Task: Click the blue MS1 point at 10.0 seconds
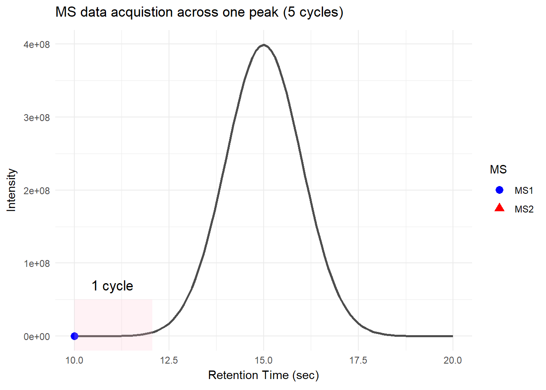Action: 74,336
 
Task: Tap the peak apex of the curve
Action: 264,45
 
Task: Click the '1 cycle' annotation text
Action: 112,286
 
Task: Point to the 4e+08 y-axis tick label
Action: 37,44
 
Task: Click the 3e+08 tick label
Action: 37,117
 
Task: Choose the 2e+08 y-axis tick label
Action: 37,191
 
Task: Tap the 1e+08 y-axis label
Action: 37,263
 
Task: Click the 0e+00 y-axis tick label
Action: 37,336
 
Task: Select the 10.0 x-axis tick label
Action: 74,360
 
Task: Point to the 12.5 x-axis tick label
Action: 169,360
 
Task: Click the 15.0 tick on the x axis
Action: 264,360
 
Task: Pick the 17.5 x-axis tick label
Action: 358,360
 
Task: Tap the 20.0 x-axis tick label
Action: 453,360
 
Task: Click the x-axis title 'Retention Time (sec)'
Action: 263,375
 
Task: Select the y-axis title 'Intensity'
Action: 11,190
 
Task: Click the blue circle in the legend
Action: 500,190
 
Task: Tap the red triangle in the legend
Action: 500,208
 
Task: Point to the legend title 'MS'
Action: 498,169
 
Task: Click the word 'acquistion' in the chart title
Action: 138,12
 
